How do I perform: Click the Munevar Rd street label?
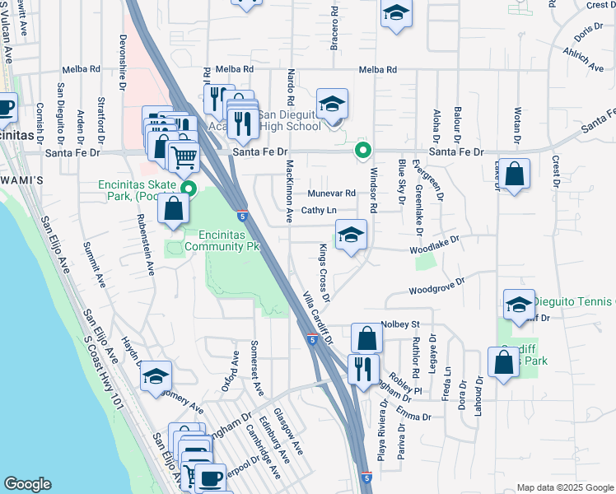331,193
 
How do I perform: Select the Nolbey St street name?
401,324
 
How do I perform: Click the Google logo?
27,484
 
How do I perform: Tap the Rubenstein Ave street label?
147,244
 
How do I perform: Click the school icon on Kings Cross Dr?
351,235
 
